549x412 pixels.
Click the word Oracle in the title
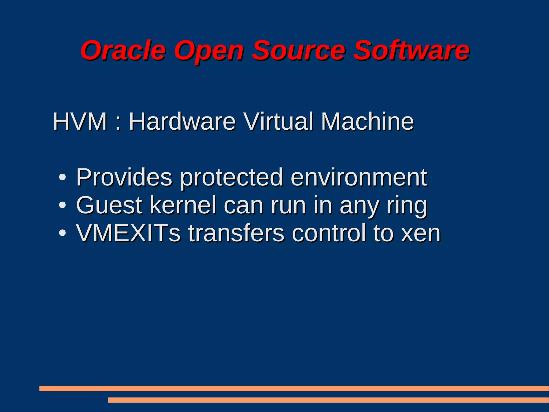pyautogui.click(x=123, y=50)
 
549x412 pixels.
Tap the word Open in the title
pyautogui.click(x=209, y=51)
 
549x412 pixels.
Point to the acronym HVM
pyautogui.click(x=80, y=122)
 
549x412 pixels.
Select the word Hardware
pyautogui.click(x=182, y=122)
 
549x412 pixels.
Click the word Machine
pyautogui.click(x=368, y=122)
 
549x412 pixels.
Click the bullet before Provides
pyautogui.click(x=62, y=177)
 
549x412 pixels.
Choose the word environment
pyautogui.click(x=359, y=177)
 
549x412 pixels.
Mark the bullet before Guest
pyautogui.click(x=62, y=205)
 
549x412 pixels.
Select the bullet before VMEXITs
pyautogui.click(x=62, y=233)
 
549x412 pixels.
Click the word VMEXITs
pyautogui.click(x=128, y=233)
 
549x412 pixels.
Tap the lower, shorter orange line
pyautogui.click(x=328, y=400)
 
